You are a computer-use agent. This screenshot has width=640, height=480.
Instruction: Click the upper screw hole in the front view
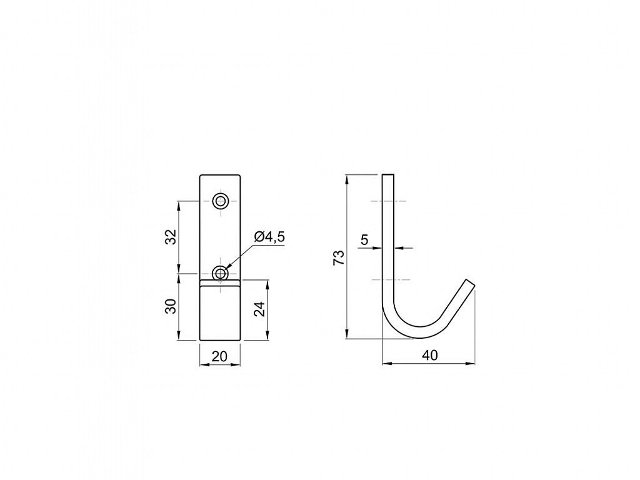point(221,201)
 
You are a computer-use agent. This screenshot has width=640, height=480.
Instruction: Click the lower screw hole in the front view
point(221,273)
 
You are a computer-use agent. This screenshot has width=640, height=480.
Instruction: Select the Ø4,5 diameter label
point(269,237)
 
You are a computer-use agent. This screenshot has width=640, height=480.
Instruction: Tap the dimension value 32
point(172,237)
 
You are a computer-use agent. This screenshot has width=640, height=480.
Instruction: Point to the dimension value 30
point(172,306)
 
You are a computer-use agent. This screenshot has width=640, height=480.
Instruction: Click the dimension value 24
point(260,309)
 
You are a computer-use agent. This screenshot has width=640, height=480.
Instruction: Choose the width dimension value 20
point(219,356)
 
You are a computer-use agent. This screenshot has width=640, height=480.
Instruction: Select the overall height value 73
point(339,258)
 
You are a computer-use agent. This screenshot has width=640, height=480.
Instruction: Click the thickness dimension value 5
point(364,239)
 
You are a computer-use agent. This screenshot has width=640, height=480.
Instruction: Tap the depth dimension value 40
point(430,356)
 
